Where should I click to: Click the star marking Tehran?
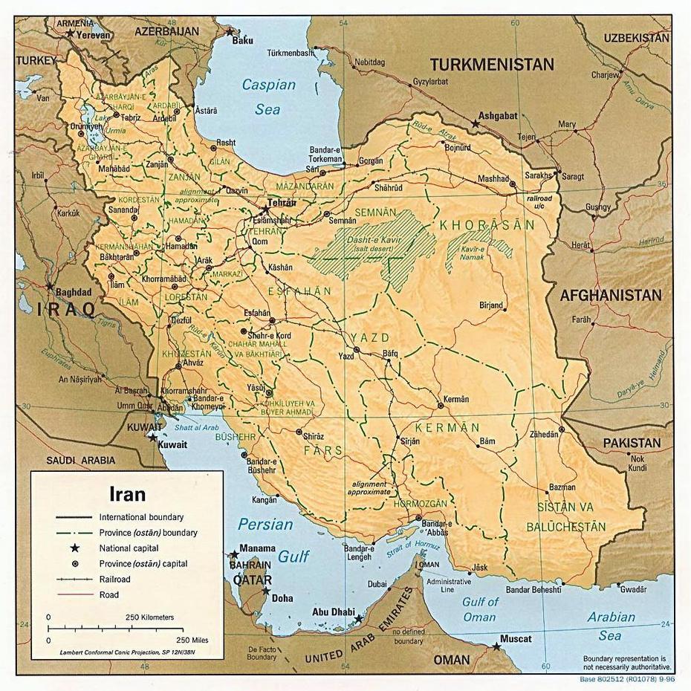(265, 210)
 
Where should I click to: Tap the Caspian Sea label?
(268, 97)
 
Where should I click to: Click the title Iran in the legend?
(127, 493)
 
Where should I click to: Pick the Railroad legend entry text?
(114, 580)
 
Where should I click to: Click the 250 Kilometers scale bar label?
(150, 617)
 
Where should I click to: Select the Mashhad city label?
(493, 179)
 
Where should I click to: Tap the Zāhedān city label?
(543, 434)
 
